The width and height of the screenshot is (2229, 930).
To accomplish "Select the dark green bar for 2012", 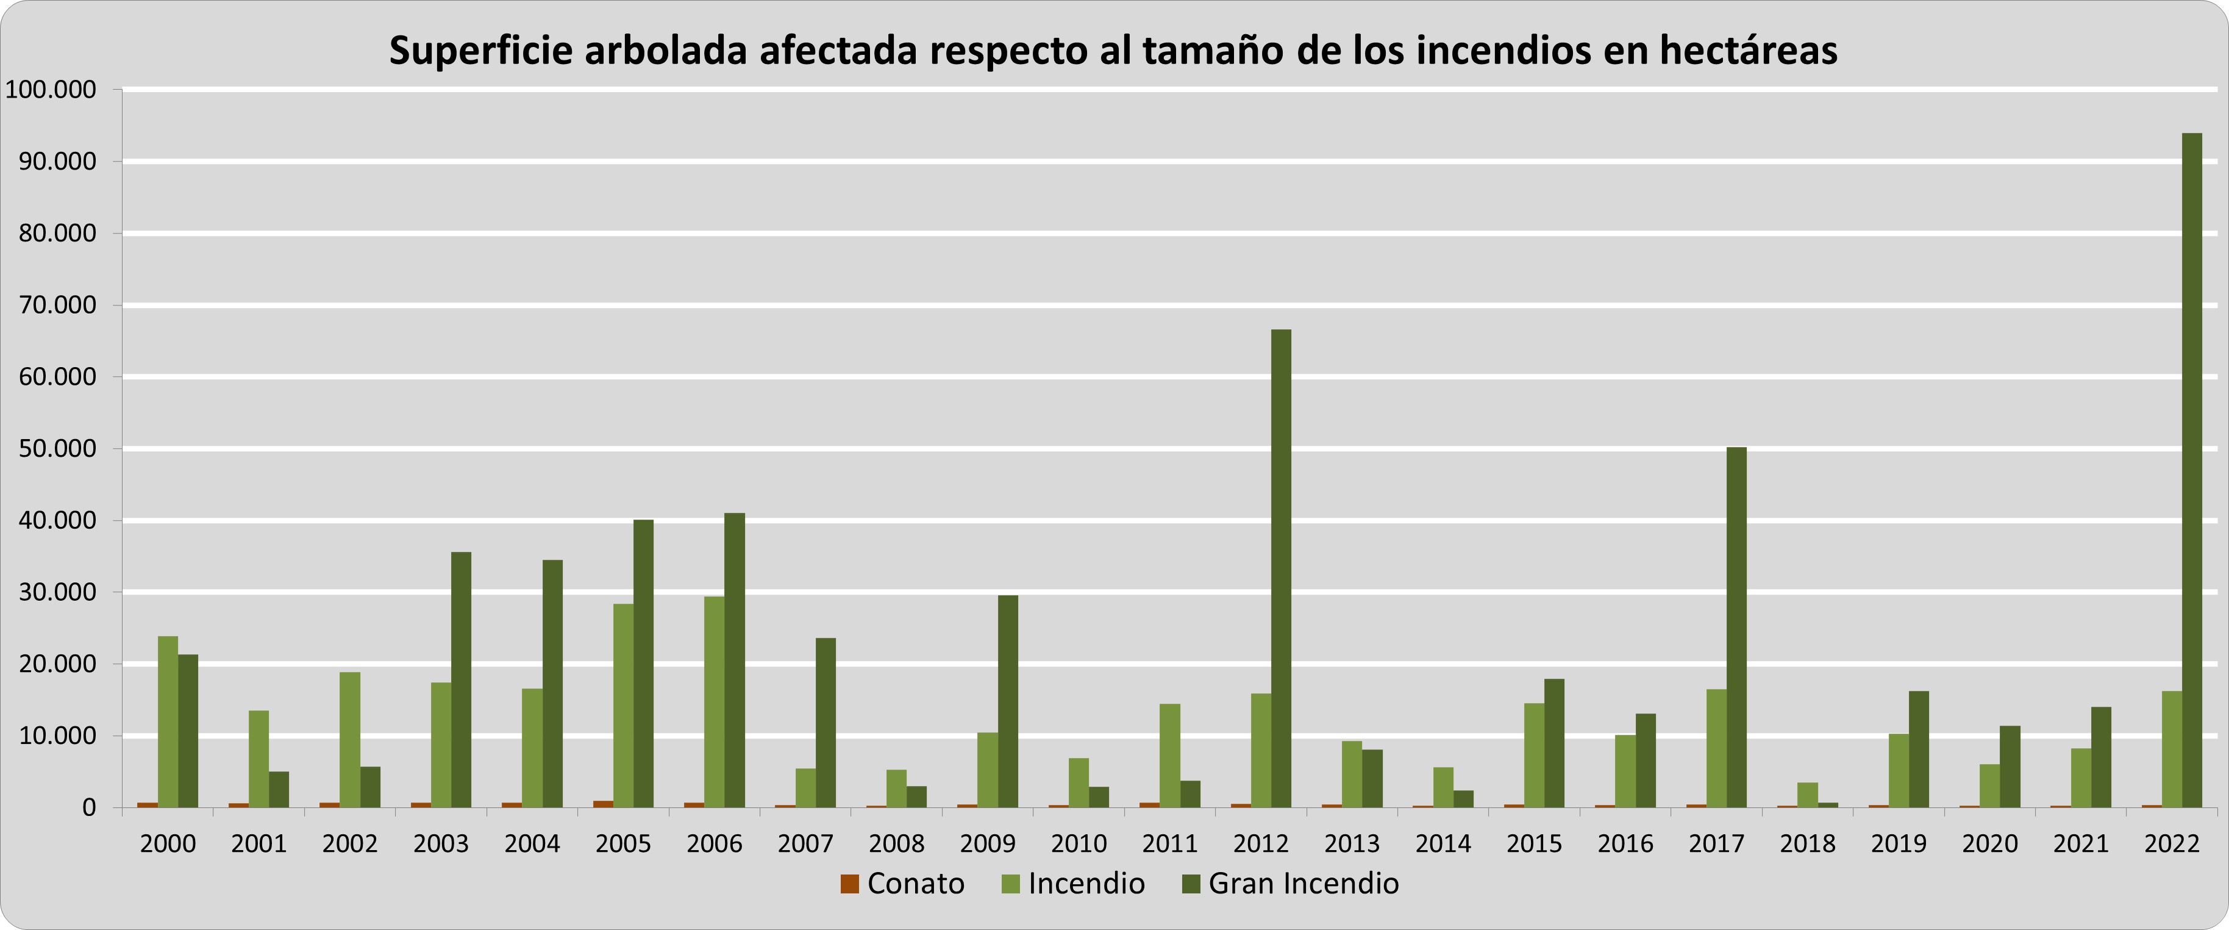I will pyautogui.click(x=1280, y=568).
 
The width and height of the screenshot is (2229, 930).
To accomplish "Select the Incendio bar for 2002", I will pyautogui.click(x=349, y=740).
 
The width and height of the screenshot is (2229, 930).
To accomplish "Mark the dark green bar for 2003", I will pyautogui.click(x=461, y=679).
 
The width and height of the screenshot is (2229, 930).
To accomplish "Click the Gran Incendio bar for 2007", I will pyautogui.click(x=826, y=723).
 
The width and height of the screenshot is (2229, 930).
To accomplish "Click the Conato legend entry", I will pyautogui.click(x=902, y=883).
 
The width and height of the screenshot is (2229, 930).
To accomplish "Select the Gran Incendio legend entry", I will pyautogui.click(x=1290, y=883).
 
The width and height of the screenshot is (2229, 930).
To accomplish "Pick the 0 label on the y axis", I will pyautogui.click(x=88, y=808).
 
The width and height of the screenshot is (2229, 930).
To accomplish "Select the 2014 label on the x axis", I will pyautogui.click(x=1443, y=843).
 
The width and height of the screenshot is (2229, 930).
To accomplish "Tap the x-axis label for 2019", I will pyautogui.click(x=1899, y=843).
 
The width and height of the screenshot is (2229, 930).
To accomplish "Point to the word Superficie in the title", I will pyautogui.click(x=481, y=50).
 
